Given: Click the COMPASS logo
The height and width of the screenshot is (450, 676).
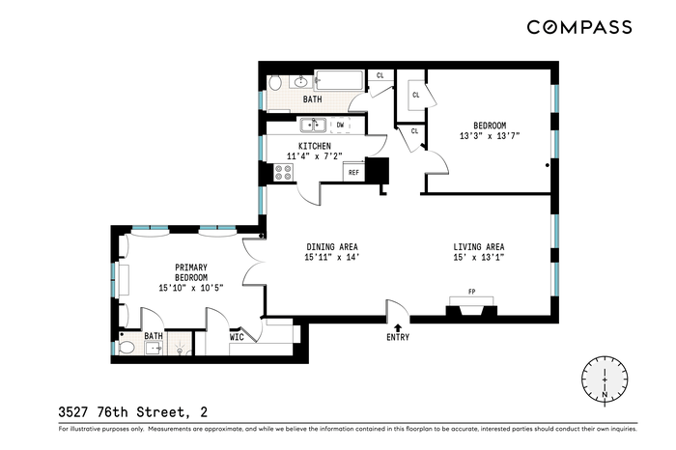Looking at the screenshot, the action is tap(579, 27).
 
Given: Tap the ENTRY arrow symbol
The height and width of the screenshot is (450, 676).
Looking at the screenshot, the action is tap(398, 327).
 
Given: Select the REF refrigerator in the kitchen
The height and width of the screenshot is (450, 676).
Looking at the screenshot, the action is tap(354, 172).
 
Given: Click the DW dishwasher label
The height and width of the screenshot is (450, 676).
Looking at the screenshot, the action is tap(341, 125).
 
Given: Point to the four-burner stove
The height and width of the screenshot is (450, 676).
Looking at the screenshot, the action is tap(284, 173).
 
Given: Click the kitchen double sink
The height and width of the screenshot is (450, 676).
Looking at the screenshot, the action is tap(313, 125).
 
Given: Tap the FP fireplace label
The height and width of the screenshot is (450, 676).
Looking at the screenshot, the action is tap(471, 292).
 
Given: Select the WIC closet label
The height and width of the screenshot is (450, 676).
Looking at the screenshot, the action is tap(237, 337).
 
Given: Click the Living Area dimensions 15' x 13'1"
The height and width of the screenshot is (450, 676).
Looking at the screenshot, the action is tap(479, 258).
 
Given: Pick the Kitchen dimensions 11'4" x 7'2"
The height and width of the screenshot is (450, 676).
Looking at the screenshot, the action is tap(315, 156).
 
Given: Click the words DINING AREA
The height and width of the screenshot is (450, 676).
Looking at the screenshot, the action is tap(332, 247).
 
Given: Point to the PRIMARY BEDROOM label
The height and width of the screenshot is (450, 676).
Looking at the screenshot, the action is tap(191, 272).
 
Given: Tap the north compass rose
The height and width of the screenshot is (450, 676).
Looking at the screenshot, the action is tap(605, 380).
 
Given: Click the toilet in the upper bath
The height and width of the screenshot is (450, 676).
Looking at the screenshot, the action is tap(274, 82).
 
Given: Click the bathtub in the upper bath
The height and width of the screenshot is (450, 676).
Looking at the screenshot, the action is tap(339, 80).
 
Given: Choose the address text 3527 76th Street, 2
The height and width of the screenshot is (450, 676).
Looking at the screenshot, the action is tap(133, 412).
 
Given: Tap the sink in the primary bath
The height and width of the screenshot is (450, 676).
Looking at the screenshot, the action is tap(154, 348).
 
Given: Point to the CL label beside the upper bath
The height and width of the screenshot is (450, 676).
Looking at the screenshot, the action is tap(380, 75).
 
